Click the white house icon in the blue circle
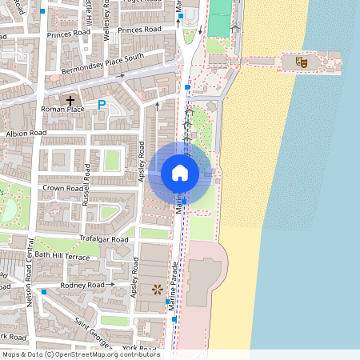pyautogui.click(x=180, y=172)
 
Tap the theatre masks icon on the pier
pyautogui.click(x=302, y=61)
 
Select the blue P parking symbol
pyautogui.click(x=102, y=104)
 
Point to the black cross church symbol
pyautogui.click(x=71, y=102)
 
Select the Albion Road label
pyautogui.click(x=26, y=133)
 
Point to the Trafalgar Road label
pyautogui.click(x=104, y=239)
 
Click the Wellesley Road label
pyautogui.click(x=106, y=20)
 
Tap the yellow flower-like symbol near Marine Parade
pyautogui.click(x=157, y=288)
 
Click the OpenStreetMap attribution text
pyautogui.click(x=80, y=354)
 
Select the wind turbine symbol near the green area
pyautogui.click(x=235, y=26)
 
